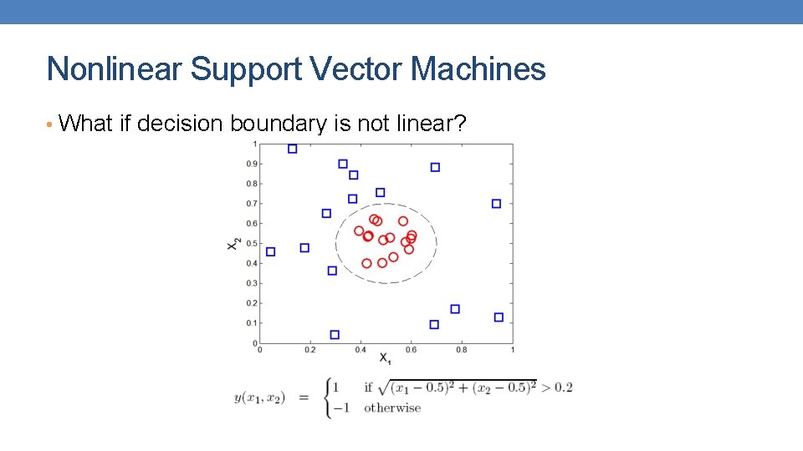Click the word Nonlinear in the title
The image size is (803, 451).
pyautogui.click(x=115, y=69)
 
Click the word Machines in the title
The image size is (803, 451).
pyautogui.click(x=478, y=69)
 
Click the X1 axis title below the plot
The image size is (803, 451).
pyautogui.click(x=385, y=359)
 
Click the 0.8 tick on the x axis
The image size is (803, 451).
pyautogui.click(x=462, y=350)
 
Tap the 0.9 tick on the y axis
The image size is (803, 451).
pyautogui.click(x=251, y=164)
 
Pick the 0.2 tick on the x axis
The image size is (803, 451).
pyautogui.click(x=309, y=350)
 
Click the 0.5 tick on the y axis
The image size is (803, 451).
pyautogui.click(x=251, y=243)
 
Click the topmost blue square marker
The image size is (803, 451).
pyautogui.click(x=292, y=149)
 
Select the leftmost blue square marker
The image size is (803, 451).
pyautogui.click(x=270, y=251)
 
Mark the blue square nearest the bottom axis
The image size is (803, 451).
pyautogui.click(x=335, y=335)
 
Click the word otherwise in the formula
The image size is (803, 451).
pyautogui.click(x=391, y=408)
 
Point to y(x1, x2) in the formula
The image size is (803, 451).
pyautogui.click(x=259, y=398)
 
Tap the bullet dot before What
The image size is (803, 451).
pyautogui.click(x=50, y=125)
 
